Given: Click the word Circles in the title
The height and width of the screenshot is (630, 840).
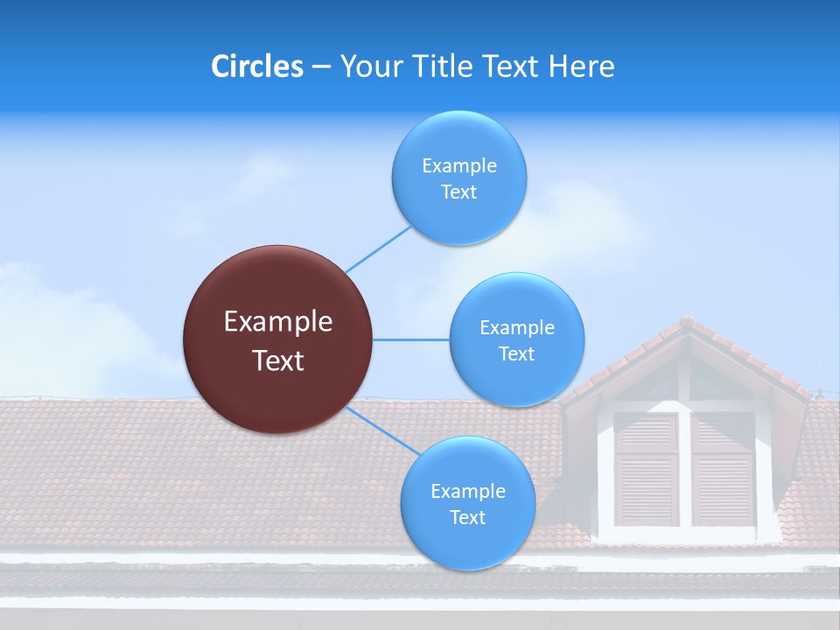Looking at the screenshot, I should (x=256, y=66).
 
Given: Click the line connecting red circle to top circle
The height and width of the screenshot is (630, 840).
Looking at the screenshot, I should (x=378, y=249).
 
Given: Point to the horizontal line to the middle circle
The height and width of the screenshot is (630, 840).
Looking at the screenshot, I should (x=411, y=339).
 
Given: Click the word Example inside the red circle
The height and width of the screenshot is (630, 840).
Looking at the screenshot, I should (x=278, y=322).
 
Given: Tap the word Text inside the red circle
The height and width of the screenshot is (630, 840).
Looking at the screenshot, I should (x=278, y=360).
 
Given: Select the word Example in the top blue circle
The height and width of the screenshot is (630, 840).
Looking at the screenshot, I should (x=459, y=166).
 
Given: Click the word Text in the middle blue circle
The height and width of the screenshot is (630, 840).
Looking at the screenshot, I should (x=517, y=354).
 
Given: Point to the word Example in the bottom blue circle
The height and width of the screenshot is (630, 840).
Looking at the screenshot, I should (x=468, y=492).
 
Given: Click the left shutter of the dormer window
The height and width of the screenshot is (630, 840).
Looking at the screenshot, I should (x=646, y=469).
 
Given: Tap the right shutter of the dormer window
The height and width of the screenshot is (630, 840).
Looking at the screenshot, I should (x=723, y=469).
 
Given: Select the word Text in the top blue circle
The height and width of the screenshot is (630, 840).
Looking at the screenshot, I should (x=459, y=192).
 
